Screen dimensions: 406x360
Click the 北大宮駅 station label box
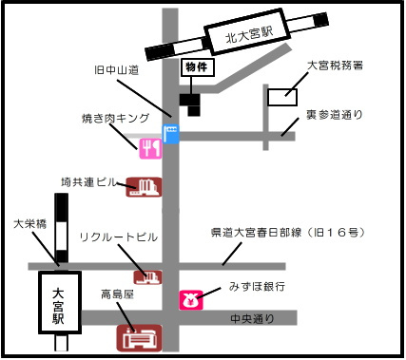click(x=247, y=31)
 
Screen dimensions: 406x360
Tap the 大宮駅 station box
click(x=60, y=302)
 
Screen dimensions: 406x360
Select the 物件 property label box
click(x=198, y=67)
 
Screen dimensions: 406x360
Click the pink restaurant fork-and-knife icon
click(x=150, y=148)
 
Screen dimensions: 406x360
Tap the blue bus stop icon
click(x=171, y=134)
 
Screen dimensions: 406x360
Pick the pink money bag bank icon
click(x=191, y=300)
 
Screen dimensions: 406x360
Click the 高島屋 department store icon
click(x=140, y=338)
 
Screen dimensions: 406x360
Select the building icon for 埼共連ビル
click(x=144, y=187)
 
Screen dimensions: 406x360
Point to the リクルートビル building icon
click(x=147, y=277)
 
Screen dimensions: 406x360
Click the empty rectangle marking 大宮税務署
click(x=282, y=97)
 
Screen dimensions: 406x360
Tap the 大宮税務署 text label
click(x=335, y=66)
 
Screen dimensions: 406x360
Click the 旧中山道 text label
click(x=117, y=69)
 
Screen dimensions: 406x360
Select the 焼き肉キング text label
click(x=115, y=118)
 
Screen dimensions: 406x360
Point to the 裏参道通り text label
click(x=335, y=115)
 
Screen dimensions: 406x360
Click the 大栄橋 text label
click(x=30, y=224)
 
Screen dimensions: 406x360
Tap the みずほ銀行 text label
click(x=257, y=287)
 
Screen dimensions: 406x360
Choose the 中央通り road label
click(x=252, y=318)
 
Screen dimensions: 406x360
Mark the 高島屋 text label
click(x=118, y=294)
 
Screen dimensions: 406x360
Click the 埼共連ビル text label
click(x=89, y=182)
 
